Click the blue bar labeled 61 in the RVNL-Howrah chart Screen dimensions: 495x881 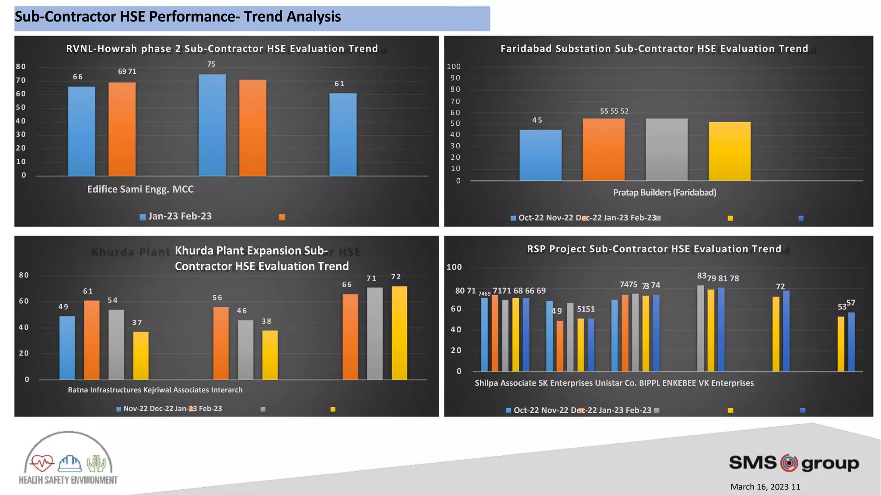pyautogui.click(x=343, y=134)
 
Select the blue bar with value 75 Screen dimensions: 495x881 pyautogui.click(x=212, y=125)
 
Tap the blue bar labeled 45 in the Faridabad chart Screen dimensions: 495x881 pyautogui.click(x=540, y=155)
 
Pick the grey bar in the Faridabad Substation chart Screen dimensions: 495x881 pyautogui.click(x=666, y=149)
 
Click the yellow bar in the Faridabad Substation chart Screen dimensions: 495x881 pyautogui.click(x=730, y=151)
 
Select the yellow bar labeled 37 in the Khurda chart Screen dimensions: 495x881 pyautogui.click(x=141, y=356)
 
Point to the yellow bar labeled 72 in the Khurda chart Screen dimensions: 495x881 pyautogui.click(x=399, y=333)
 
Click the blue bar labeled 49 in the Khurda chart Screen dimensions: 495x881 pyautogui.click(x=67, y=348)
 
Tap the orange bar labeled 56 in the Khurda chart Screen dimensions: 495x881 pyautogui.click(x=221, y=343)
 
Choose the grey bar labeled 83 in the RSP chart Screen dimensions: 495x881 pyautogui.click(x=700, y=328)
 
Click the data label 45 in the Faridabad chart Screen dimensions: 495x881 pyautogui.click(x=537, y=120)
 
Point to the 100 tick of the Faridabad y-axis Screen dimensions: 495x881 pyautogui.click(x=453, y=66)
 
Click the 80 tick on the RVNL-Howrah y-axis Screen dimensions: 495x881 pyautogui.click(x=21, y=66)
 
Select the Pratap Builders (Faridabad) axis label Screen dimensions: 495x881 pyautogui.click(x=665, y=192)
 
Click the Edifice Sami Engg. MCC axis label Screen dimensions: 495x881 pyautogui.click(x=140, y=189)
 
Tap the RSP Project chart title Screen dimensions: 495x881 pyautogui.click(x=654, y=249)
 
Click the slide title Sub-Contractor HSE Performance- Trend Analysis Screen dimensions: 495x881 pyautogui.click(x=178, y=17)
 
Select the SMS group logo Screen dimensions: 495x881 pyautogui.click(x=794, y=463)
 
